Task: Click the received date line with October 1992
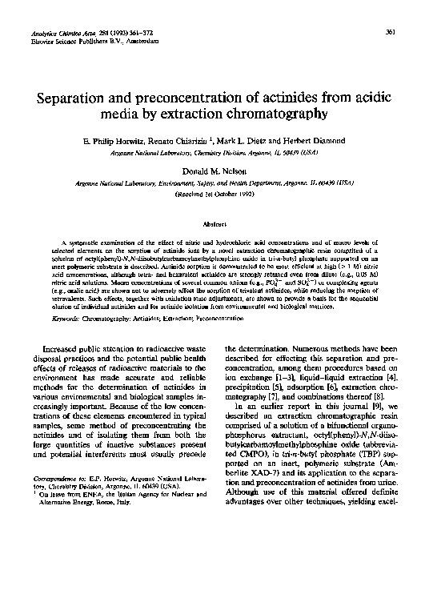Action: click(x=218, y=195)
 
